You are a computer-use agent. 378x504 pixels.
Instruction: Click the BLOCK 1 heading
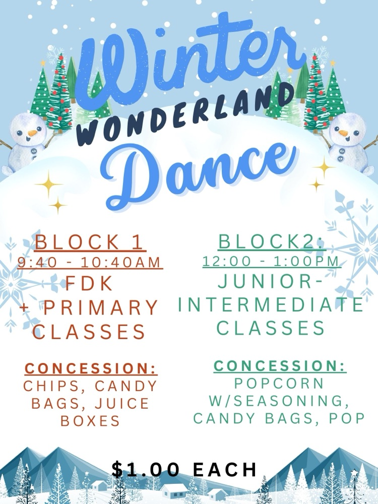click(x=90, y=242)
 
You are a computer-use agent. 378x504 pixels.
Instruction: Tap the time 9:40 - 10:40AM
click(x=89, y=263)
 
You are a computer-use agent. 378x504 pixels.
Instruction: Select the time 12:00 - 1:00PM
click(x=271, y=262)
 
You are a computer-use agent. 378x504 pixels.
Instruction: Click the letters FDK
click(x=90, y=284)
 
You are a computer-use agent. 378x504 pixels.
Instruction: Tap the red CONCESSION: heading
click(x=91, y=368)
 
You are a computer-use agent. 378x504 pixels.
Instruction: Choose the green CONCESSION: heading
click(x=280, y=366)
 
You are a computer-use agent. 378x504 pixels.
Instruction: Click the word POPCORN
click(x=280, y=383)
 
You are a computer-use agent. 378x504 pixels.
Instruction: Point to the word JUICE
click(x=124, y=404)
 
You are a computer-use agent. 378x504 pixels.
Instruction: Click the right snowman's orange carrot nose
click(x=344, y=134)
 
